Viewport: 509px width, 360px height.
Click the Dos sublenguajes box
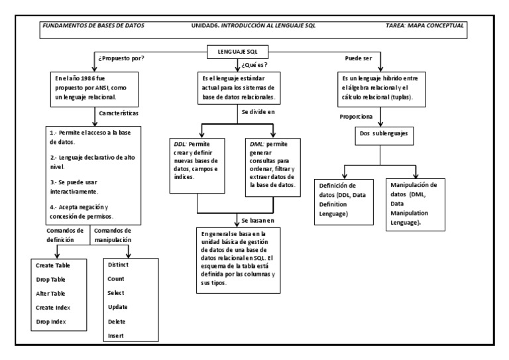point(382,133)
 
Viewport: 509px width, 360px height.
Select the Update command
point(118,307)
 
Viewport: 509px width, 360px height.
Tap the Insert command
point(117,335)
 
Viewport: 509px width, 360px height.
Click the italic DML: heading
point(256,144)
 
